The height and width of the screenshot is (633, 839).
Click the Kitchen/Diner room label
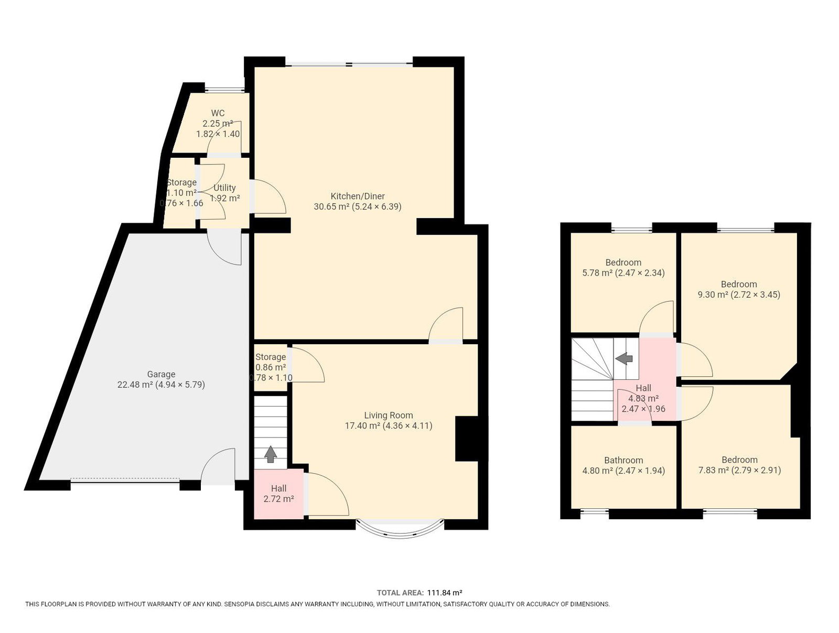click(x=358, y=196)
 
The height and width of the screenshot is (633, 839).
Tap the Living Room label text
click(x=389, y=416)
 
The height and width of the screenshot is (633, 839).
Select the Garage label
click(x=162, y=375)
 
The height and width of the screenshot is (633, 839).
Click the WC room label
click(x=218, y=113)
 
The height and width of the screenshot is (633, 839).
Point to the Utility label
click(x=224, y=188)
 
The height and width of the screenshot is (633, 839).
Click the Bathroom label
click(x=623, y=461)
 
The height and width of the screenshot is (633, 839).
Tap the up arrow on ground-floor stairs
click(x=271, y=454)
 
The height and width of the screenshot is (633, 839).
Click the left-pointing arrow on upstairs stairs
click(x=624, y=358)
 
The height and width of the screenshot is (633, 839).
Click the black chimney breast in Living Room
click(x=467, y=439)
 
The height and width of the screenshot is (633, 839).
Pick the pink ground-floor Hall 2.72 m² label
click(x=278, y=493)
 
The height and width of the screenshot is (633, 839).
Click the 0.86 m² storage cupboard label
click(x=271, y=367)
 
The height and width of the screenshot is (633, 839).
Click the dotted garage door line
click(x=125, y=478)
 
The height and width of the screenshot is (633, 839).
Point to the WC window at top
click(x=224, y=90)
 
